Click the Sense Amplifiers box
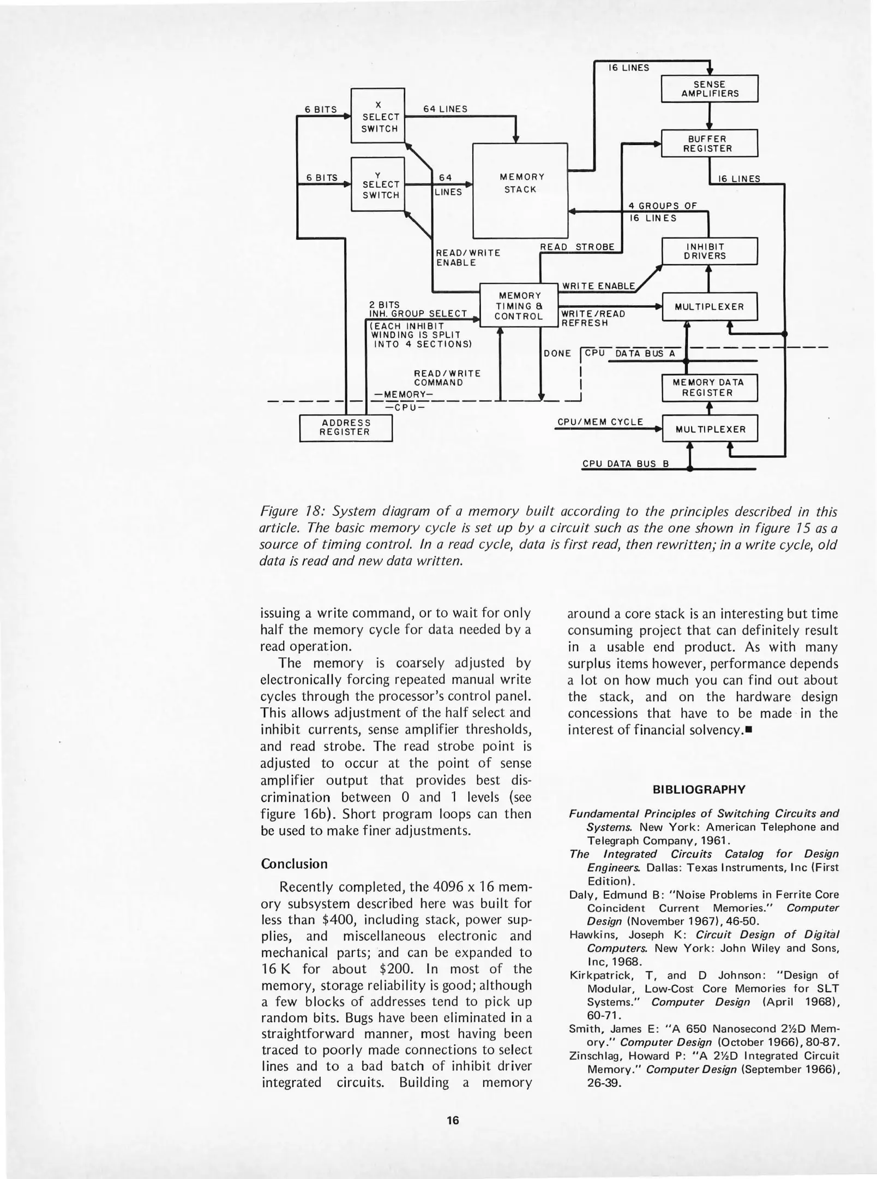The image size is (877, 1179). (710, 88)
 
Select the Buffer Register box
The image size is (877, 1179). (710, 144)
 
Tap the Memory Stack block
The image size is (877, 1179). (520, 190)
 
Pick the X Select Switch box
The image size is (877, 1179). (378, 116)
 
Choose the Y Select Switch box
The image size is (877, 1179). (378, 184)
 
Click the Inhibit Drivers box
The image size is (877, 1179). (710, 251)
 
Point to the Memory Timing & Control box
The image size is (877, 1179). (519, 306)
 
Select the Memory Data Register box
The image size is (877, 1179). (710, 388)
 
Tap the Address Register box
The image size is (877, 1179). (346, 427)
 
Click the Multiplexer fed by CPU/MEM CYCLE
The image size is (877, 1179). (710, 429)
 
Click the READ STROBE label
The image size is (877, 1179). (576, 247)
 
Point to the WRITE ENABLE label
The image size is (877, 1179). (598, 286)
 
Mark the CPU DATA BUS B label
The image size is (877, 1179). (625, 464)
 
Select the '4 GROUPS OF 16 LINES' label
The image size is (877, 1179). (662, 212)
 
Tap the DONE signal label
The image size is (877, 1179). (557, 354)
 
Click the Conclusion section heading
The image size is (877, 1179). (294, 864)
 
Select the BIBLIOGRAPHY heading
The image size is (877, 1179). (699, 790)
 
